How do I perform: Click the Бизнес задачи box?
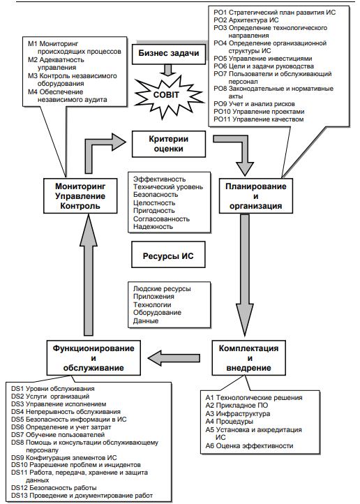tap(169, 53)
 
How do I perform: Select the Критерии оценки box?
tap(169, 144)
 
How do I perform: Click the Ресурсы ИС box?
tap(168, 256)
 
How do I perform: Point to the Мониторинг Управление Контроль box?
tap(80, 195)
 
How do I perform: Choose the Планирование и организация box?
tap(256, 195)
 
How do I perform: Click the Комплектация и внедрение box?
tap(248, 357)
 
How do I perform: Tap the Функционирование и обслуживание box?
tap(93, 357)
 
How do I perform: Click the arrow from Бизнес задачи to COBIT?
tap(168, 70)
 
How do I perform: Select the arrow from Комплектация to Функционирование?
tap(174, 357)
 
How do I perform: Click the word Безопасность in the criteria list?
tap(156, 195)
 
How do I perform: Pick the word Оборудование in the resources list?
tap(158, 313)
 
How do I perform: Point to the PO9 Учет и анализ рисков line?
tap(255, 104)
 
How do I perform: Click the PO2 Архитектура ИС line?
tap(246, 20)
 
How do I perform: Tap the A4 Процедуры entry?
tap(230, 422)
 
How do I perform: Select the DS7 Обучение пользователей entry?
tap(58, 435)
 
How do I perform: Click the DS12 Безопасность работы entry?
tap(54, 488)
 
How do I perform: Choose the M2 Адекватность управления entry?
tap(57, 64)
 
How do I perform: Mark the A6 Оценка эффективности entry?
tap(250, 446)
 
